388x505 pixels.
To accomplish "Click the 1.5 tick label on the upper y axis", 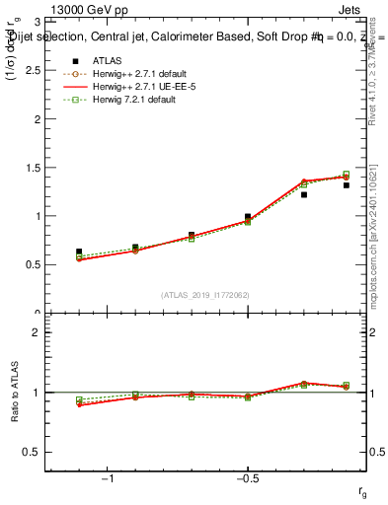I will (32, 168).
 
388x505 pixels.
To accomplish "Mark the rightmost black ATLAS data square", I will (347, 184).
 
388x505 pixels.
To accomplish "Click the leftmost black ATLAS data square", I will (79, 252).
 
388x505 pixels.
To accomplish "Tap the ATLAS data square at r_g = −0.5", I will (248, 216).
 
